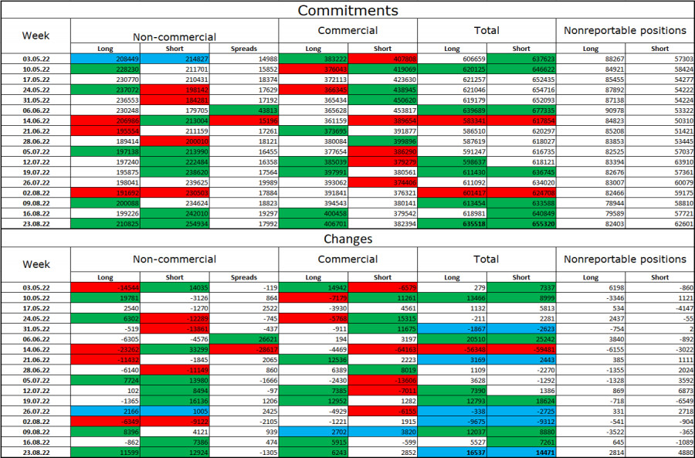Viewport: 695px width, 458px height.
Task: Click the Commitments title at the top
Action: pyautogui.click(x=347, y=10)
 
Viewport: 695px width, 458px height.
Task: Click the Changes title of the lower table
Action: pyautogui.click(x=347, y=239)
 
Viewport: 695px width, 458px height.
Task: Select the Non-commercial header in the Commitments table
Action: pyautogui.click(x=175, y=36)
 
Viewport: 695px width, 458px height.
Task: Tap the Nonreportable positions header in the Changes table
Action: pyautogui.click(x=625, y=259)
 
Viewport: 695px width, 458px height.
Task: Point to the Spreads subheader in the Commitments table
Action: pyautogui.click(x=244, y=49)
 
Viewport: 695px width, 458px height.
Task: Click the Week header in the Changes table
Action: pyautogui.click(x=36, y=264)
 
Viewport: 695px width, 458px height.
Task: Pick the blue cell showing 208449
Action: pyautogui.click(x=105, y=59)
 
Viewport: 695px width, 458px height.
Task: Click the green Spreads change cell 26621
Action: pyautogui.click(x=244, y=338)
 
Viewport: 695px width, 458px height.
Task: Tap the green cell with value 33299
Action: pyautogui.click(x=175, y=349)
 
